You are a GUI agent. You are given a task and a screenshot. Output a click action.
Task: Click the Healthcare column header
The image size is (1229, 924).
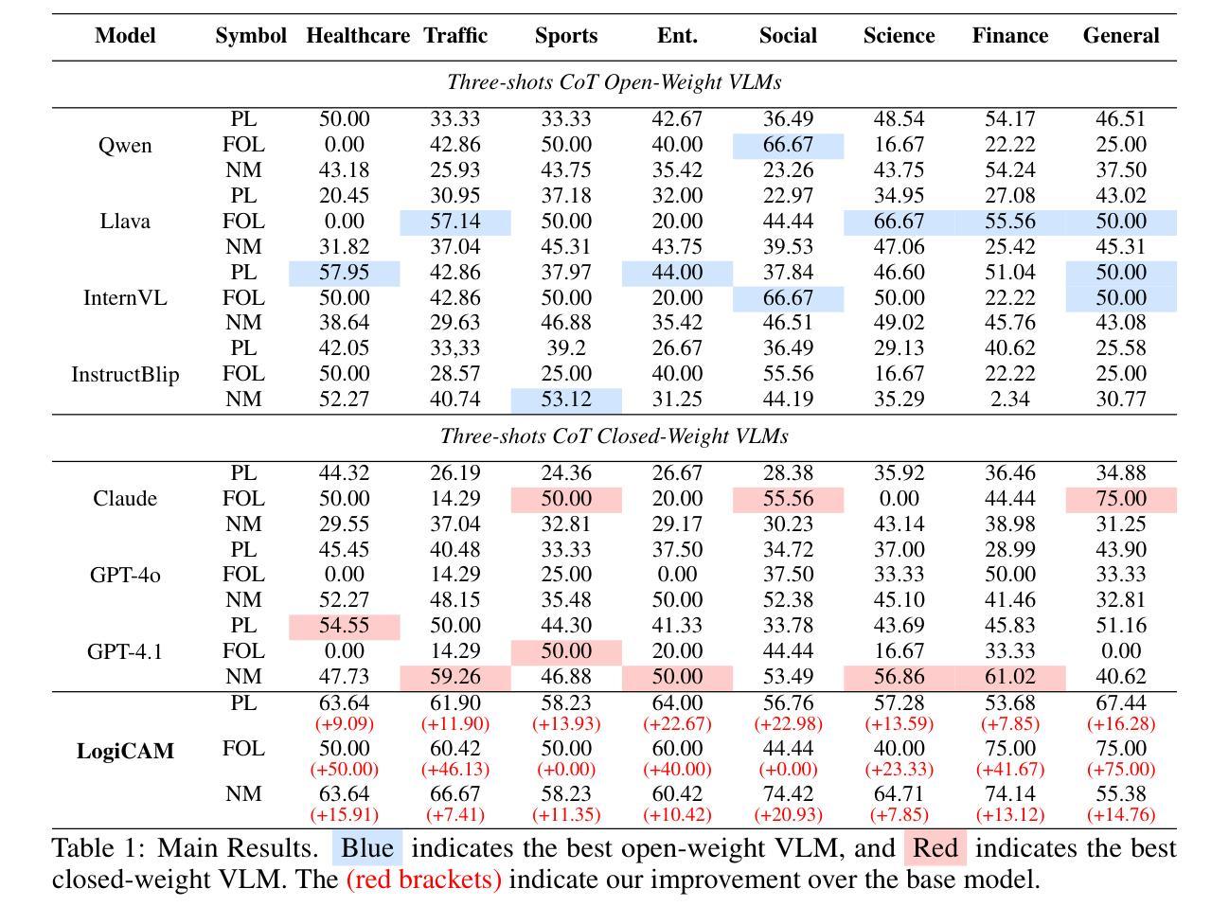click(357, 36)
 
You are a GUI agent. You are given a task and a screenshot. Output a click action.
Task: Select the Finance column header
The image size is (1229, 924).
click(1009, 36)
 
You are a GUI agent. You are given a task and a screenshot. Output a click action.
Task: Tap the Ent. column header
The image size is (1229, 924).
click(677, 36)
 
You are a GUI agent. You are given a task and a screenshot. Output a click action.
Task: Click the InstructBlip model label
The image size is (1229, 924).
click(125, 374)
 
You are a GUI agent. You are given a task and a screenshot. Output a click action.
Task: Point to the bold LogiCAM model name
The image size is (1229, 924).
click(125, 751)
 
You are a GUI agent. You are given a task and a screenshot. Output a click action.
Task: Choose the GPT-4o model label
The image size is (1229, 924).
click(125, 575)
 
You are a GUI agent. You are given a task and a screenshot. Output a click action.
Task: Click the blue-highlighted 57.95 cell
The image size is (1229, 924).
click(344, 273)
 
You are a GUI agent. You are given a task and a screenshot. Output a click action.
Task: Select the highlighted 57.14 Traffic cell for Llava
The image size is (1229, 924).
click(455, 222)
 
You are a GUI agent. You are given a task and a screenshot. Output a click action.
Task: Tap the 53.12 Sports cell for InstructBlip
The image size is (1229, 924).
click(566, 400)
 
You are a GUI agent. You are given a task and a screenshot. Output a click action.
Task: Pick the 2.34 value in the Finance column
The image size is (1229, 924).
click(1009, 400)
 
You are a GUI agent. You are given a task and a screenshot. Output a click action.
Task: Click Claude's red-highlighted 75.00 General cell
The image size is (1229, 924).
click(1121, 499)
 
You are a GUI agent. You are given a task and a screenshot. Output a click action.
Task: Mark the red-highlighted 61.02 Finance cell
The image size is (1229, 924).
click(1009, 677)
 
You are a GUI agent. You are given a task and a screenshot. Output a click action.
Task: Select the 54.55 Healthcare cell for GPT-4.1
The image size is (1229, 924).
click(344, 626)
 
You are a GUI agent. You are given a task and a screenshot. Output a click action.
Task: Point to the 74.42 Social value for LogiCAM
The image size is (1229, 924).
click(788, 794)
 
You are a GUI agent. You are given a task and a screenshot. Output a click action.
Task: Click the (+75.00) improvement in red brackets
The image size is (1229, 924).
click(1121, 769)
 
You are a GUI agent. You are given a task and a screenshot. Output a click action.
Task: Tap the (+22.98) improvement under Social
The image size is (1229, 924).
click(788, 723)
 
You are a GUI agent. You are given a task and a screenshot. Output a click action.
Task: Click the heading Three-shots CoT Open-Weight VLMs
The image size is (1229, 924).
click(614, 82)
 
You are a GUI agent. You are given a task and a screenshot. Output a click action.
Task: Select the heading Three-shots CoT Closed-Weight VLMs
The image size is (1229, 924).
click(614, 436)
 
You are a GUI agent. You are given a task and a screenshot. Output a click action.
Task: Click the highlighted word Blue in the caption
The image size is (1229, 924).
click(367, 847)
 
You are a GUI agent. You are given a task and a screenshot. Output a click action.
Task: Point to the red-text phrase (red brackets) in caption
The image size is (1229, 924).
click(423, 880)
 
